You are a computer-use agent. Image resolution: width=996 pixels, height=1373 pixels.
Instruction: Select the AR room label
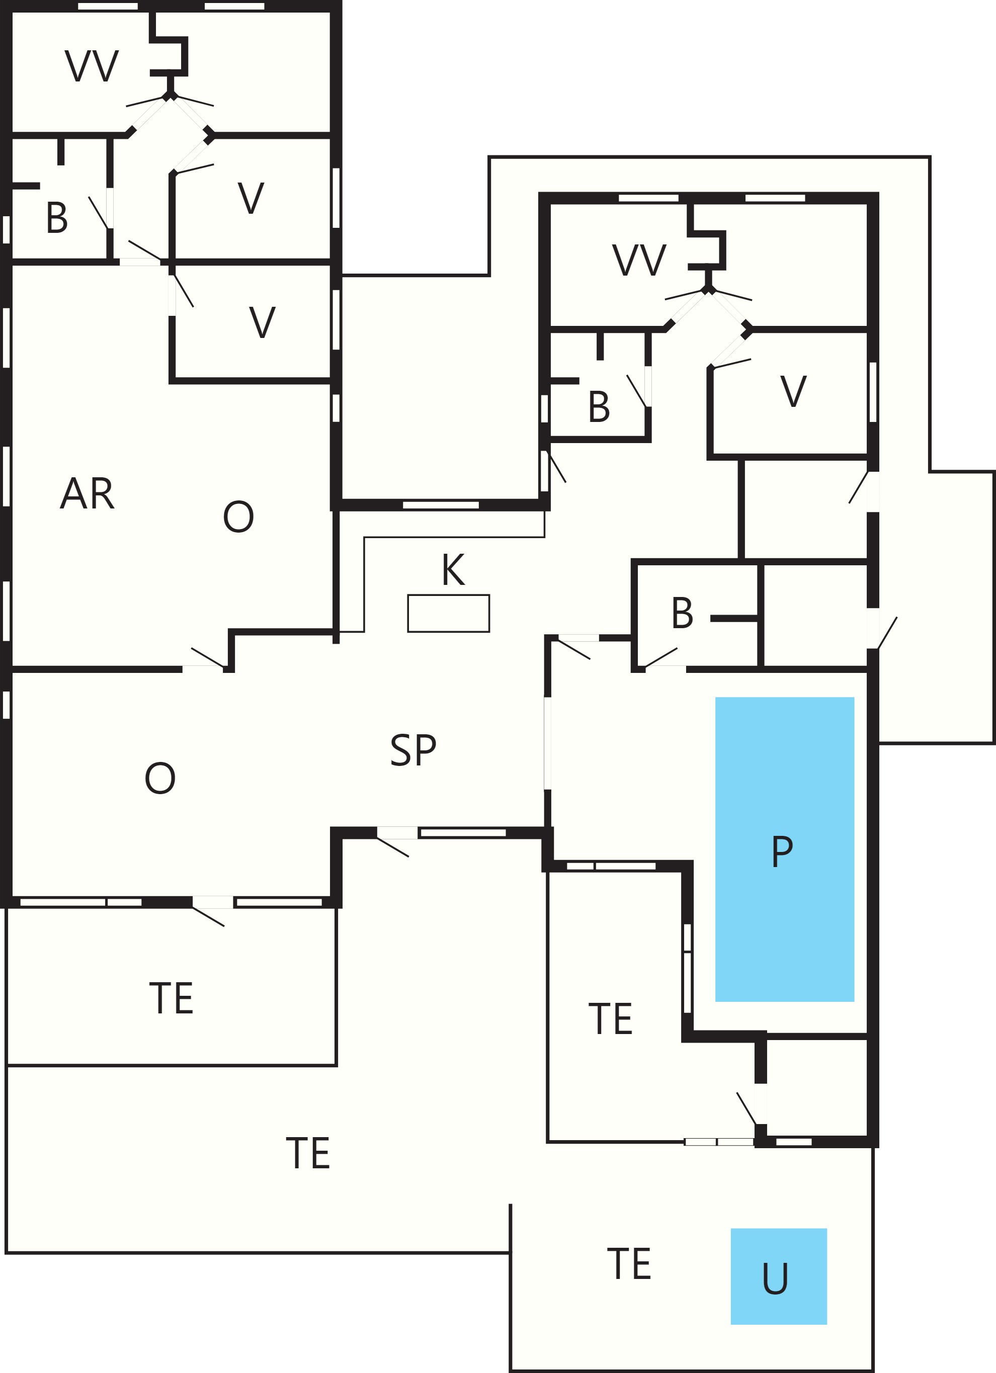tap(87, 494)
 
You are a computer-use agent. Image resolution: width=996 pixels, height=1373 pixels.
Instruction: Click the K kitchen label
tap(454, 570)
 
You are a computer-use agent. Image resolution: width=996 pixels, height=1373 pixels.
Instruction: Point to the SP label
tap(413, 750)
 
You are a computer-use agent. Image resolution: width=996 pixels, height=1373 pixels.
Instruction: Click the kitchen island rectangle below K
tap(449, 613)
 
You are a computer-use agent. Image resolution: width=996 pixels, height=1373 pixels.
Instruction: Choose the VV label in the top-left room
tap(92, 66)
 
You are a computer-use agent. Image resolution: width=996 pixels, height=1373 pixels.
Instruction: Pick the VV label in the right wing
tap(639, 261)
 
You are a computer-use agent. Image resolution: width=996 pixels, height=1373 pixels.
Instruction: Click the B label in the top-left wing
tap(57, 218)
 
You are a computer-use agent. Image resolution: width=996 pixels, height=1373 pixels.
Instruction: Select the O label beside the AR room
tap(238, 517)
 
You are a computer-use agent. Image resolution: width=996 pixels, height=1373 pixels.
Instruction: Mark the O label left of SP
tap(160, 778)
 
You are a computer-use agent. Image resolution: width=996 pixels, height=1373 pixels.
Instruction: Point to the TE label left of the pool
tap(610, 1019)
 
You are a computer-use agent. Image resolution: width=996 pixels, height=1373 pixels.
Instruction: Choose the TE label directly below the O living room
tap(172, 998)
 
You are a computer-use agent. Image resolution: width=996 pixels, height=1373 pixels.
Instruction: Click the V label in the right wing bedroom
tap(793, 391)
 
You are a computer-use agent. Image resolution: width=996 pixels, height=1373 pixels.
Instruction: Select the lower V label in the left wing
tap(262, 323)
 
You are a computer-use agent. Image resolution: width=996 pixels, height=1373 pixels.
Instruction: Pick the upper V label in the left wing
tap(251, 198)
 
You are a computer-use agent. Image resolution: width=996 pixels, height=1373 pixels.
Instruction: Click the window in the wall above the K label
tap(441, 505)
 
